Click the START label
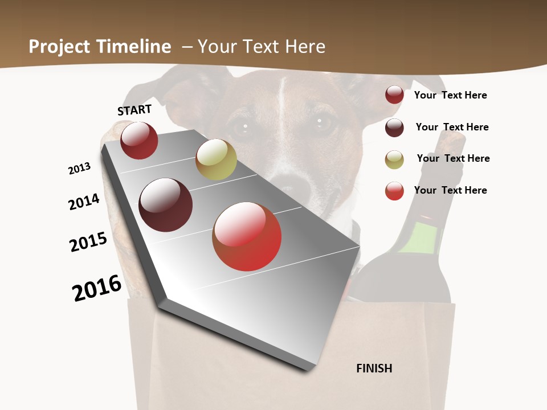tap(134, 110)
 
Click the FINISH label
tap(374, 368)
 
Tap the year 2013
tap(80, 168)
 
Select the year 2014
tap(84, 202)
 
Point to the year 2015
tap(88, 242)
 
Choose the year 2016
tap(97, 288)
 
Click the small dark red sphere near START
tap(139, 140)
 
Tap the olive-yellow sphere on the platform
tap(216, 159)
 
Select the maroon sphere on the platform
tap(166, 205)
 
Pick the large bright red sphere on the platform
tap(247, 236)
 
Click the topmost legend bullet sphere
tap(394, 95)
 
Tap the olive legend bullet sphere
tap(394, 159)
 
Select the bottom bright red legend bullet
tap(394, 191)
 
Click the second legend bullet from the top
tap(394, 128)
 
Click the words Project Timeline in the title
tap(100, 47)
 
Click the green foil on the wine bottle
tap(419, 237)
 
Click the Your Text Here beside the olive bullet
tap(453, 158)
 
